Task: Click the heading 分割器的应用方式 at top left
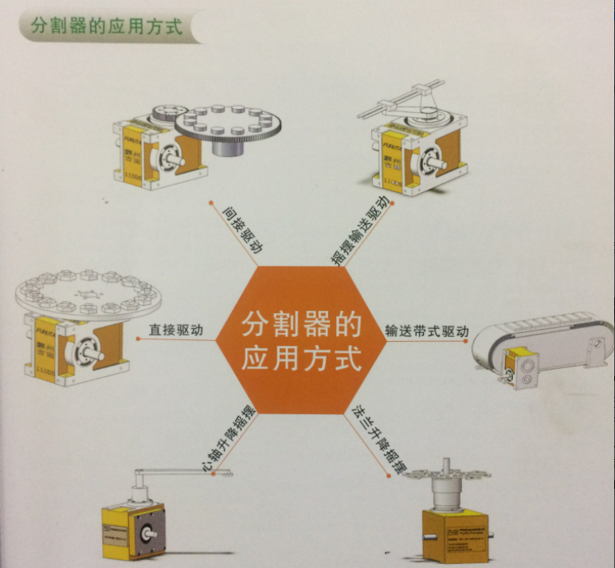click(x=106, y=26)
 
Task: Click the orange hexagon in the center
click(x=301, y=340)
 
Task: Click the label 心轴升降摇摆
click(x=229, y=436)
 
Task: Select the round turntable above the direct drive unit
click(x=88, y=292)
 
